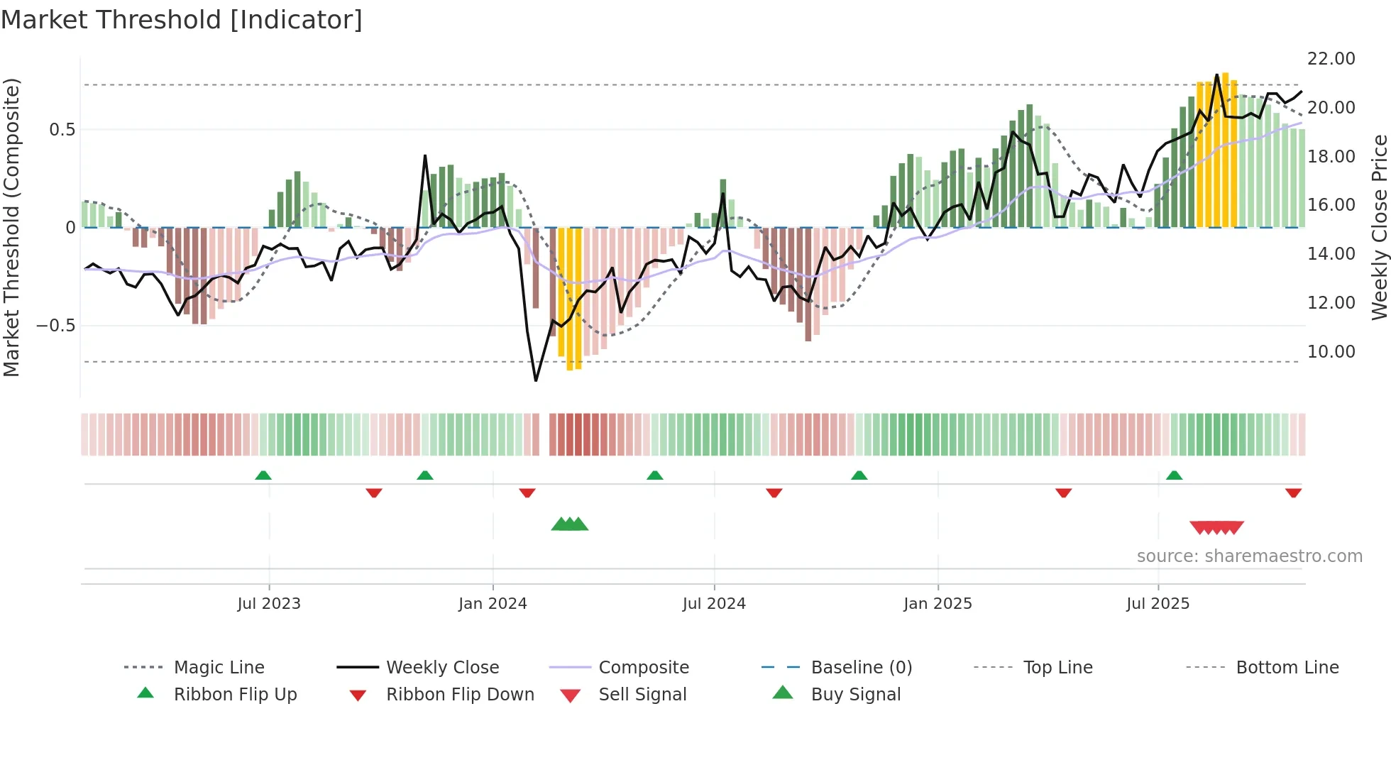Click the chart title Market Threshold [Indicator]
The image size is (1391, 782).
(182, 20)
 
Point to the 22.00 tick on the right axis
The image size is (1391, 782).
(1331, 59)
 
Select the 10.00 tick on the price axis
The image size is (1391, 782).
(1331, 352)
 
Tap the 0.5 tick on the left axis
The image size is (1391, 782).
(62, 130)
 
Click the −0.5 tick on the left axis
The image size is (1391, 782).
(55, 326)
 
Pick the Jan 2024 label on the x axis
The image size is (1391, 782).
(493, 604)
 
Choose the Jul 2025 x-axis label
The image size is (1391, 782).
(1158, 604)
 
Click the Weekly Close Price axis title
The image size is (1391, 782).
(1379, 227)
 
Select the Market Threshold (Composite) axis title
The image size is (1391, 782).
(11, 227)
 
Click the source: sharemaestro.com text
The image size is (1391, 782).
(1249, 556)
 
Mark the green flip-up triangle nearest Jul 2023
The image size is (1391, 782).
(263, 475)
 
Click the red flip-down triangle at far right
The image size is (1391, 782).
(1293, 492)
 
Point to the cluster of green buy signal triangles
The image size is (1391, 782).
(570, 524)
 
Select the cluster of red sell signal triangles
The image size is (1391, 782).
(1216, 527)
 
